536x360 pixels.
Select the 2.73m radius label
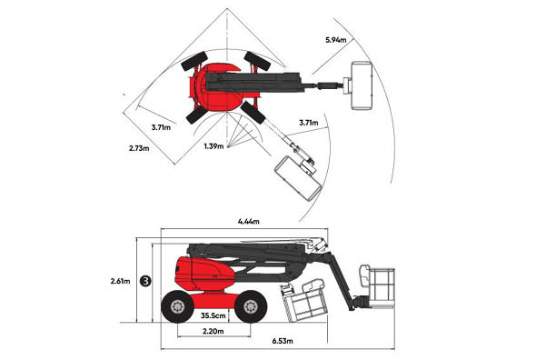point(141,146)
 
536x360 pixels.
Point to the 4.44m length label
point(247,221)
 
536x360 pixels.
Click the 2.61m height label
point(121,281)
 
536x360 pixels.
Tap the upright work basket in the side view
point(380,285)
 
